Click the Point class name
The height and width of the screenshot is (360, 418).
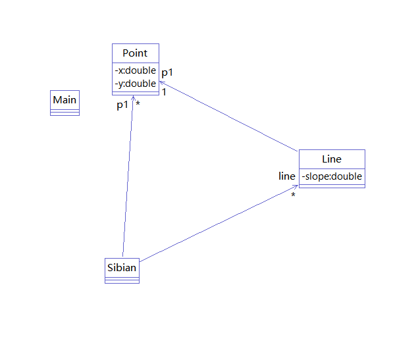click(x=135, y=53)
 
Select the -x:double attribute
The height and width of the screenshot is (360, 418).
click(x=135, y=70)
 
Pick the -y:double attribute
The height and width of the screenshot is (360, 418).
click(x=135, y=84)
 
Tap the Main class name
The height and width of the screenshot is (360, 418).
click(x=65, y=100)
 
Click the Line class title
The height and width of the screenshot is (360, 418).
click(x=332, y=159)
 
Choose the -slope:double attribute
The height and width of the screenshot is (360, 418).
click(x=332, y=176)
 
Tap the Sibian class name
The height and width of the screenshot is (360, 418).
click(x=122, y=268)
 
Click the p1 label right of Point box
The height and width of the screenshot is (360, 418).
click(x=167, y=72)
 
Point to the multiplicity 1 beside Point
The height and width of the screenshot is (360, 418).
click(x=164, y=92)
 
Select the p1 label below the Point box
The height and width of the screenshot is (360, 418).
click(x=122, y=105)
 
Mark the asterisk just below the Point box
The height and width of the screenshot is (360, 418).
click(x=138, y=104)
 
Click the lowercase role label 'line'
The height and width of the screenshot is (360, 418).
click(x=287, y=176)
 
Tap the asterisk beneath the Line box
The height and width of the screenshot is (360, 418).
click(x=294, y=195)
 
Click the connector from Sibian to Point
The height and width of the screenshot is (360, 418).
click(x=128, y=178)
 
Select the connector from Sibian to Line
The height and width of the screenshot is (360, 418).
click(x=217, y=224)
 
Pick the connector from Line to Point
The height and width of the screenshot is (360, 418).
click(x=230, y=116)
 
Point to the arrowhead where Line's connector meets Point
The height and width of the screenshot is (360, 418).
click(x=161, y=83)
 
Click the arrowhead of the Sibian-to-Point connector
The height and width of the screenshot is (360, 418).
click(x=133, y=99)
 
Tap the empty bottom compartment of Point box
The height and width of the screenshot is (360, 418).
click(x=135, y=93)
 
